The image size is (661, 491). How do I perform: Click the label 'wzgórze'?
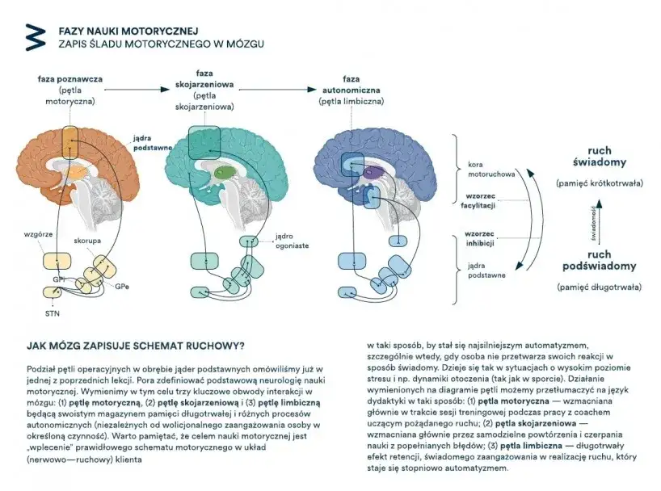click(38, 234)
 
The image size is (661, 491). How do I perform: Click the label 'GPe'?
click(121, 287)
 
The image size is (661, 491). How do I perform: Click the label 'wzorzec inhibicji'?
click(479, 238)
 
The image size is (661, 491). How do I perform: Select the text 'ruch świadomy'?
click(599, 157)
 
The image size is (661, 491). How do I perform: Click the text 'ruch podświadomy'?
click(599, 261)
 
